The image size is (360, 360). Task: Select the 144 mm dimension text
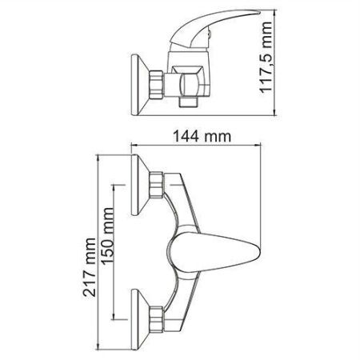point(198,138)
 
